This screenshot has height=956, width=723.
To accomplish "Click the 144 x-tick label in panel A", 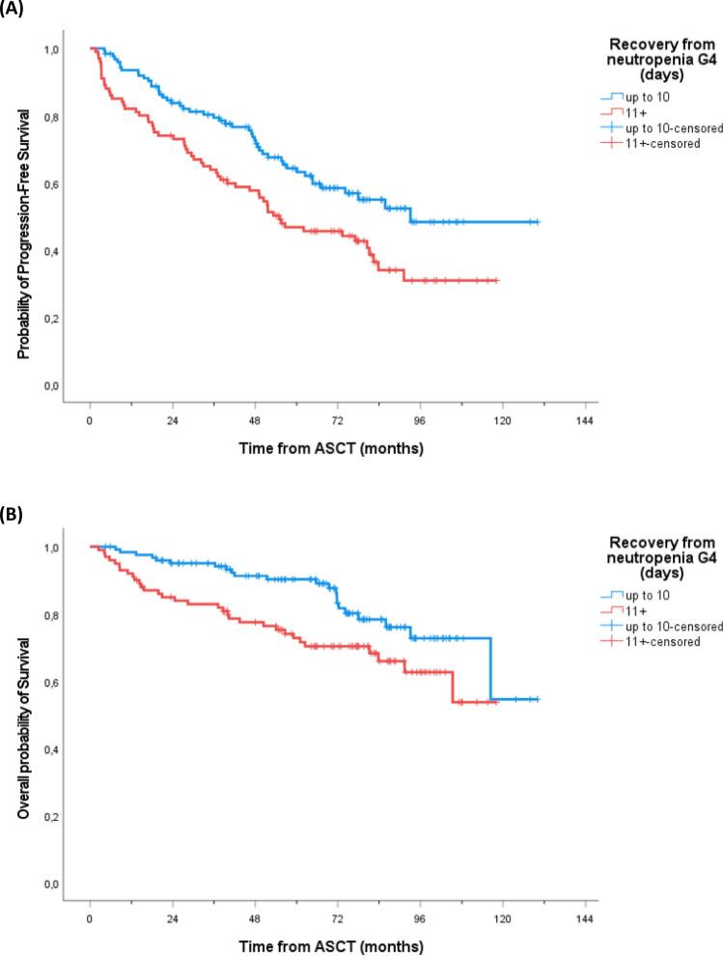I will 584,422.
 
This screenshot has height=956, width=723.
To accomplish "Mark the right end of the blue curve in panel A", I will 538,222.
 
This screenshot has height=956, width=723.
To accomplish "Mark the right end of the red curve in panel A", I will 496,280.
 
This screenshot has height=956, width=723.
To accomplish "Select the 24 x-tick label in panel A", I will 172,422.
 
